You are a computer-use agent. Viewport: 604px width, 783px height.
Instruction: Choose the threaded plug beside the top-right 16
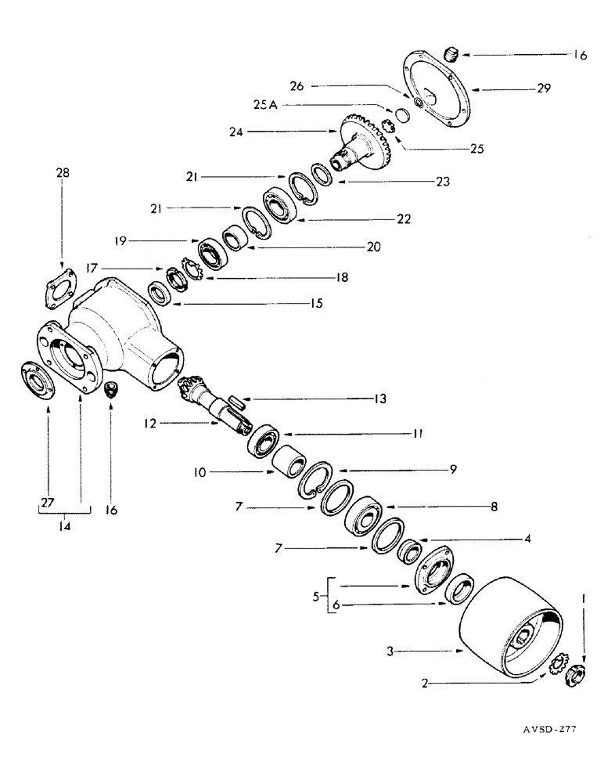pyautogui.click(x=451, y=55)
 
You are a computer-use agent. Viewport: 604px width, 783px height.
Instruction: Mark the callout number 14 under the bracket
pyautogui.click(x=64, y=527)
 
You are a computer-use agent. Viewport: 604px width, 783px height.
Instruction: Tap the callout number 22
pyautogui.click(x=404, y=219)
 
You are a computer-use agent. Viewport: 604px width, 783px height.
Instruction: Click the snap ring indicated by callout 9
pyautogui.click(x=320, y=480)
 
